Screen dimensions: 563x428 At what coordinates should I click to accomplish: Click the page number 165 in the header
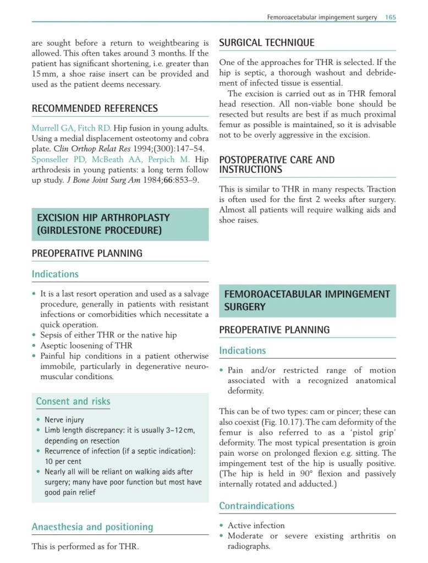coord(390,17)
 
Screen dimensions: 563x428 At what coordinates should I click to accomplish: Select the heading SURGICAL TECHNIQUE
coord(267,43)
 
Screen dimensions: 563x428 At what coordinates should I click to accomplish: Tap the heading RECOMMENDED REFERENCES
coord(95,108)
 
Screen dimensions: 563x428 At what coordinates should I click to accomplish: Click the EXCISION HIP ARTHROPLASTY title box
coord(120,224)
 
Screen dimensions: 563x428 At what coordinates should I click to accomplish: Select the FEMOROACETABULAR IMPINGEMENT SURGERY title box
coord(307,300)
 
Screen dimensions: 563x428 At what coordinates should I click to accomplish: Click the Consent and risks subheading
coord(73,402)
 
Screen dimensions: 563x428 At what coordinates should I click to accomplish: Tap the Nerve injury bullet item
coord(64,419)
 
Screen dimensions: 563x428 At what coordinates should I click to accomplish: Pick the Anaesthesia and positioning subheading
coord(92,527)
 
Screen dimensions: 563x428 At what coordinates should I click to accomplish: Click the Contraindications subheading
coord(256,506)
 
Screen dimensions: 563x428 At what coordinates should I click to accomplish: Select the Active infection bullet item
coord(256,526)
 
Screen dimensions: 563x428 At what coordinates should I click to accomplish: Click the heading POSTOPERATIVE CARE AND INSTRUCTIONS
coord(277,165)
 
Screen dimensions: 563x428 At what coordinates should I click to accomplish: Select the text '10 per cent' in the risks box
coord(63,461)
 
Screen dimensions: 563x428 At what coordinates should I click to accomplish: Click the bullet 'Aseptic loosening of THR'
coord(86,346)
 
